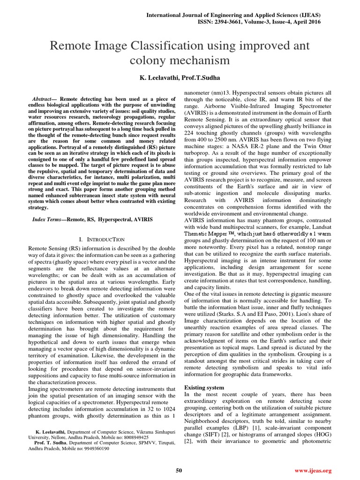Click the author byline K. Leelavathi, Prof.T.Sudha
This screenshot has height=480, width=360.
coord(180,76)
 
